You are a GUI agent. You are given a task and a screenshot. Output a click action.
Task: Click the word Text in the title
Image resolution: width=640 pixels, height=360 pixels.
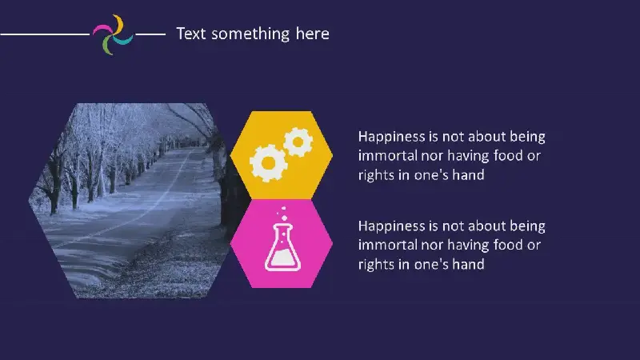tap(191, 34)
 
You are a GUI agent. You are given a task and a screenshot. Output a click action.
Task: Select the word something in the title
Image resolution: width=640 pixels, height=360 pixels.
tap(250, 34)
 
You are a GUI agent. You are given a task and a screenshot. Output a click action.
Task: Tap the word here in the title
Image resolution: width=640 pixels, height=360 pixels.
tap(312, 34)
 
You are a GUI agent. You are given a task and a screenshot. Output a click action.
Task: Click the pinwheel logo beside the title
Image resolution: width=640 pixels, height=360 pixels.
tap(113, 34)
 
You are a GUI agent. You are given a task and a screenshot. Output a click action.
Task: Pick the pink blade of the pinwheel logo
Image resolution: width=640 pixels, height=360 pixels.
tap(102, 30)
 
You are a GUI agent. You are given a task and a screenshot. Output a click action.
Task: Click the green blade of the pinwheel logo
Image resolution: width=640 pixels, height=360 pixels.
tap(107, 46)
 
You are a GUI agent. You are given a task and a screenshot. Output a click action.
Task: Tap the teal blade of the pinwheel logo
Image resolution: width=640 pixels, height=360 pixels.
tap(124, 40)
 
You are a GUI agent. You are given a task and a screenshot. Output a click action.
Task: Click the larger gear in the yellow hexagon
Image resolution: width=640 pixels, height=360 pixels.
tap(268, 163)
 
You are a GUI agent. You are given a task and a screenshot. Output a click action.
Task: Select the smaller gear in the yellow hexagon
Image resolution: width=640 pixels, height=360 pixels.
tap(298, 142)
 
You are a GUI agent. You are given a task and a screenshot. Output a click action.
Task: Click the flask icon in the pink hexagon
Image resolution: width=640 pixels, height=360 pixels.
tap(283, 247)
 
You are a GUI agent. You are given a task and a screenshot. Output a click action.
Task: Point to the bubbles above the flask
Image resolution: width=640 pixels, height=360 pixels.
tap(282, 214)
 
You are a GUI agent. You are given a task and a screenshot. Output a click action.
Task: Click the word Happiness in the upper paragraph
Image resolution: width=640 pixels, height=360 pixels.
tap(392, 137)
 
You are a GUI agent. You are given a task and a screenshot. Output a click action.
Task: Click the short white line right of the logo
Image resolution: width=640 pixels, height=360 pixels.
tap(150, 34)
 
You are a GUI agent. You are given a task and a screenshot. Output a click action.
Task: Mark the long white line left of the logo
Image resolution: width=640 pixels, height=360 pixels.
tap(45, 34)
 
